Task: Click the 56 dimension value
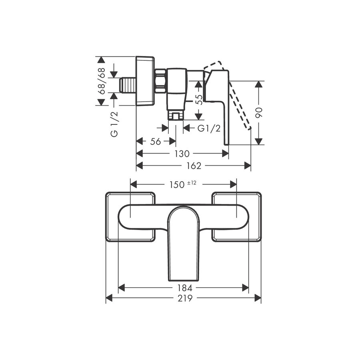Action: pyautogui.click(x=156, y=142)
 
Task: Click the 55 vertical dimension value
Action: pyautogui.click(x=199, y=99)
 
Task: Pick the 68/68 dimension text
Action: pyautogui.click(x=102, y=81)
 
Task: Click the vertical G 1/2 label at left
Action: pyautogui.click(x=114, y=125)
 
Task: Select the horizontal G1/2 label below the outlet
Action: pyautogui.click(x=209, y=128)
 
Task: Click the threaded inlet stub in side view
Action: pyautogui.click(x=128, y=85)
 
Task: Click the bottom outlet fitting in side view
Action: pyautogui.click(x=176, y=116)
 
